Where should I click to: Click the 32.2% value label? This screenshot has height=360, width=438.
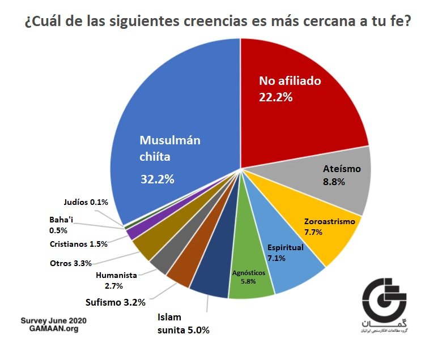(157, 179)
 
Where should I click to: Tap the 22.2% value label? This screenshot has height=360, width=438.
(275, 97)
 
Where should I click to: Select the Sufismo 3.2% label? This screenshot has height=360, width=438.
(119, 301)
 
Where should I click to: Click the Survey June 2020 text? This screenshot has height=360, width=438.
(54, 320)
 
